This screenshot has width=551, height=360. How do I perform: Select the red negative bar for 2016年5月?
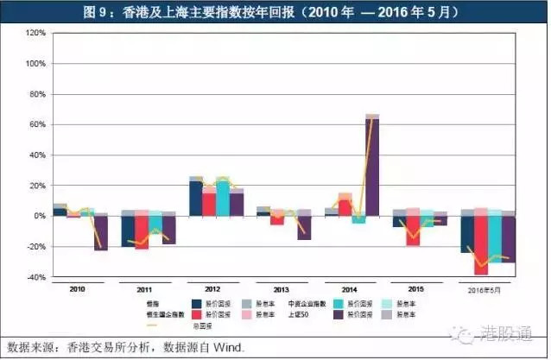[x=480, y=245]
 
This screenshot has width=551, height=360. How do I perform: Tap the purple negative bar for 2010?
[x=101, y=232]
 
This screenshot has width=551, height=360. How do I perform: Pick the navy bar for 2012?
[x=196, y=199]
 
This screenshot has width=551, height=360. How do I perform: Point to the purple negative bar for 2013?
[x=304, y=227]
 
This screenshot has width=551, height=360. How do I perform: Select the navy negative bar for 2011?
[x=128, y=231]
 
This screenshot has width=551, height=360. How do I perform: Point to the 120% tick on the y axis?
[x=35, y=33]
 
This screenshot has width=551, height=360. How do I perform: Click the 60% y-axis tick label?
[x=37, y=124]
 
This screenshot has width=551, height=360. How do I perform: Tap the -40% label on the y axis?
[x=35, y=277]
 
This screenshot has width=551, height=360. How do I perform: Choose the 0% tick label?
[x=39, y=216]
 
